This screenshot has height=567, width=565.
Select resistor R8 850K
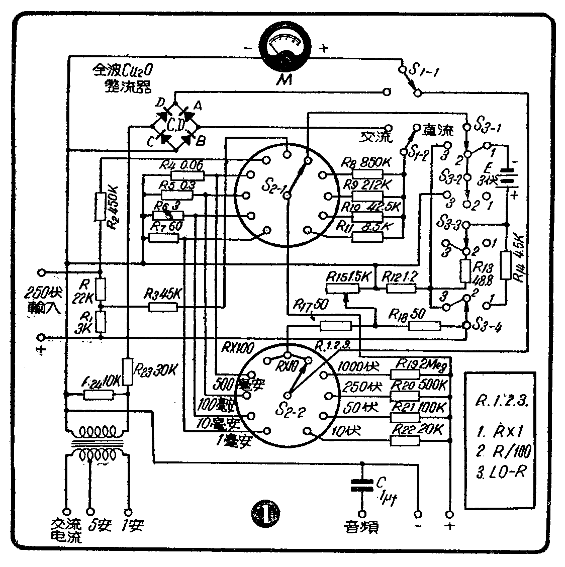(367, 174)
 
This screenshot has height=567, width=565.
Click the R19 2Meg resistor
(405, 374)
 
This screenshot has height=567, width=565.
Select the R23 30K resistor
(128, 371)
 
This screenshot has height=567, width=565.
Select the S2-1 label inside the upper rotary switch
(274, 188)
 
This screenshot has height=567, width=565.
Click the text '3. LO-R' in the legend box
(500, 474)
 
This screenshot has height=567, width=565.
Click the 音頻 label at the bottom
(361, 526)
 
